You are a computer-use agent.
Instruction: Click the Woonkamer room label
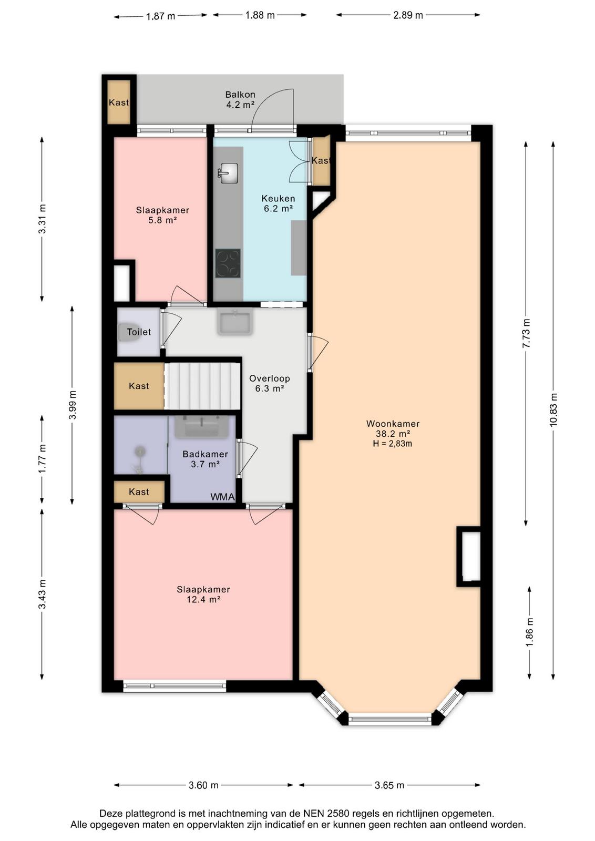click(393, 424)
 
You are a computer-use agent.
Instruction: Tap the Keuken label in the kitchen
click(278, 198)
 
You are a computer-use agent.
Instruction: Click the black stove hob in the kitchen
click(228, 263)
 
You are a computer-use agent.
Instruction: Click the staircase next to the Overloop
click(202, 386)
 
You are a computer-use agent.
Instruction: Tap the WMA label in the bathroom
click(223, 497)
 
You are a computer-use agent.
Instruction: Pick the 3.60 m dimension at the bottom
click(203, 785)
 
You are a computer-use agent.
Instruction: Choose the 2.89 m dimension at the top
click(408, 15)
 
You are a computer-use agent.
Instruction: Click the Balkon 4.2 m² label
click(240, 99)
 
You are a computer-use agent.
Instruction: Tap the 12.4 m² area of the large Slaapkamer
click(203, 599)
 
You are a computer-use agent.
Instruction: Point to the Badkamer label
click(206, 454)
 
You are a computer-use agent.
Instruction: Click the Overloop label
click(270, 378)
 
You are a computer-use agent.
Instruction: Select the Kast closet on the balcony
click(119, 102)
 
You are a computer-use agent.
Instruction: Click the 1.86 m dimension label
click(530, 632)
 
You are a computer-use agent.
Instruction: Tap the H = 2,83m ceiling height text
click(393, 444)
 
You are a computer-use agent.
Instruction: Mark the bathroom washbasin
click(202, 427)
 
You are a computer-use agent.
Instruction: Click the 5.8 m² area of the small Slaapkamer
click(162, 220)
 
